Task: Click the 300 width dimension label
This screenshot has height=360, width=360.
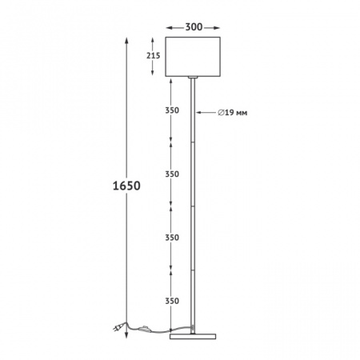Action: pos(194,27)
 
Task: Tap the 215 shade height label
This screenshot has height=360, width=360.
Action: pos(153,55)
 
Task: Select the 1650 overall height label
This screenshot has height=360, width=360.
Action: pos(126,186)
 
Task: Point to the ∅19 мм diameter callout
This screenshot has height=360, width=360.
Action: pos(233,113)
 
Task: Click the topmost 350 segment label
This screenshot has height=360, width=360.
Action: pos(172,110)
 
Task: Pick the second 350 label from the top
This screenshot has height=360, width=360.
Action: pos(172,174)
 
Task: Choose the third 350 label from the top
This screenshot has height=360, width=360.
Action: pos(172,238)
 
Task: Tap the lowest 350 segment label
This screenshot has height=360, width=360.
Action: pos(172,301)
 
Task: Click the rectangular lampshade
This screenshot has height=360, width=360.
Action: pos(193,57)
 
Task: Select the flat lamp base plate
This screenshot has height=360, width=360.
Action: pos(193,337)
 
